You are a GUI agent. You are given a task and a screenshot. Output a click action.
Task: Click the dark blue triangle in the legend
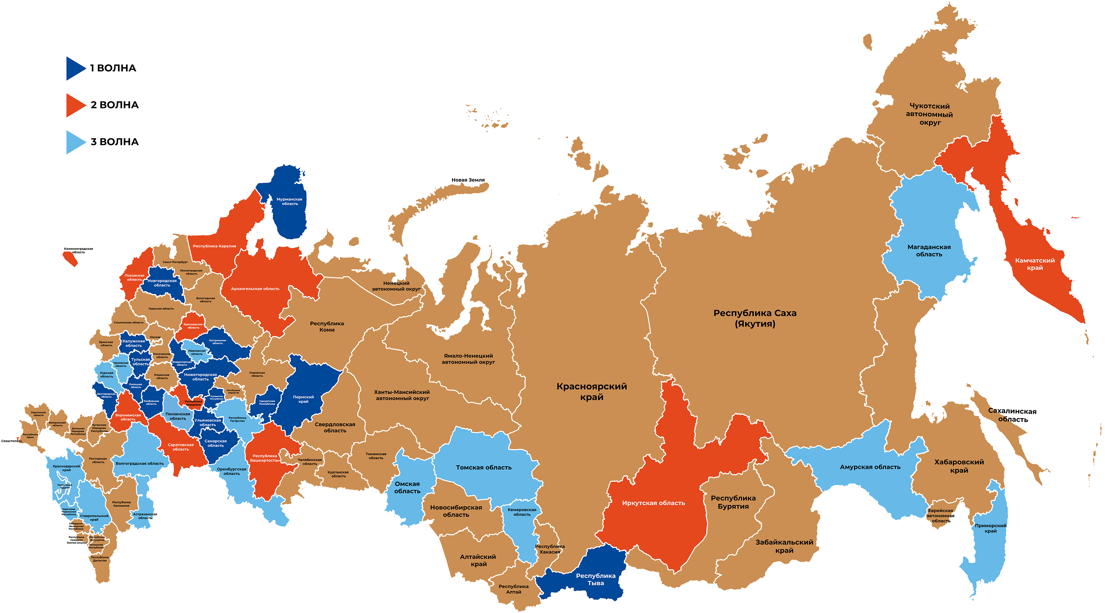(75, 68)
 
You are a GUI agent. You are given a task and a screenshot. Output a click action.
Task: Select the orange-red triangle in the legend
(75, 105)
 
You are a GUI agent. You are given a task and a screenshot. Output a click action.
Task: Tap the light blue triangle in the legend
(75, 142)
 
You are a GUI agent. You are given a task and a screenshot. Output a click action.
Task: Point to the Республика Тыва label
(596, 579)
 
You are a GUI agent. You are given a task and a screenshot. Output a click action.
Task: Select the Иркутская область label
(653, 503)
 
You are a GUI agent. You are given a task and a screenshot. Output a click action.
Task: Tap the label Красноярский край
(591, 391)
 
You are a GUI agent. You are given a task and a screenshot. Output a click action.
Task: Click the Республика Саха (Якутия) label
(755, 318)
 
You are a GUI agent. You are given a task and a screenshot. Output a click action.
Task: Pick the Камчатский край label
(1034, 264)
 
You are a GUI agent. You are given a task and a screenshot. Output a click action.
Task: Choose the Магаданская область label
(929, 250)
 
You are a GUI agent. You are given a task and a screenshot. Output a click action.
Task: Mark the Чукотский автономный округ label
(929, 114)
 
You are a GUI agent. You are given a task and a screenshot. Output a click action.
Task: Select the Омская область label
(407, 487)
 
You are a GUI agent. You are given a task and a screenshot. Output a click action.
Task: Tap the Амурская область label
(870, 467)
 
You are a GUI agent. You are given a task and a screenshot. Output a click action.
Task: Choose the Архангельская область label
(255, 289)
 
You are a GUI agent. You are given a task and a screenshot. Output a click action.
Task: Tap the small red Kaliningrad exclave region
(70, 259)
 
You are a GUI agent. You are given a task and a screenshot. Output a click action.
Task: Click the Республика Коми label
(327, 326)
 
